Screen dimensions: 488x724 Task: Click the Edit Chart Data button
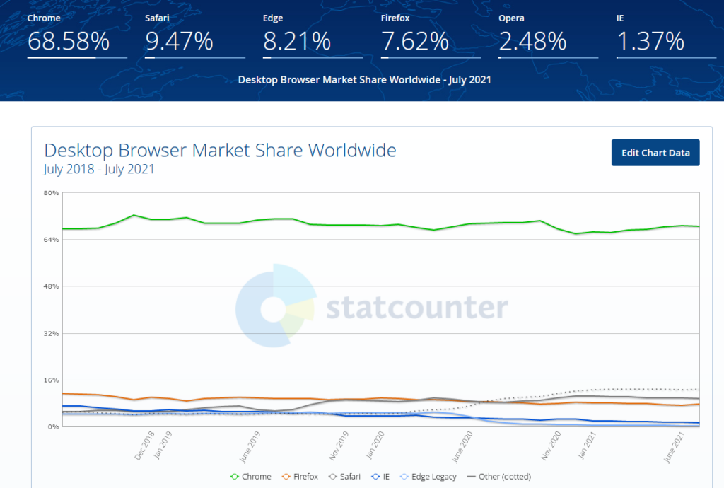pyautogui.click(x=655, y=153)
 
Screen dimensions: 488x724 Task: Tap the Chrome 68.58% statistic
pyautogui.click(x=69, y=42)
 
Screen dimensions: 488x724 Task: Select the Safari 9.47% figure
pyautogui.click(x=179, y=42)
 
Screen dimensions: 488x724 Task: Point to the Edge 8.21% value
pyautogui.click(x=297, y=42)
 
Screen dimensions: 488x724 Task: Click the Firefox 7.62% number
pyautogui.click(x=415, y=42)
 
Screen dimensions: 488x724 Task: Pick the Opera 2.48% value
pyautogui.click(x=532, y=42)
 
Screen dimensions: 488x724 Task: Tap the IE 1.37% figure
pyautogui.click(x=650, y=42)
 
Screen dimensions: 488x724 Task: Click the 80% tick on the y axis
pyautogui.click(x=50, y=193)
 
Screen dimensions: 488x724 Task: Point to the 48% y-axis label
pyautogui.click(x=50, y=286)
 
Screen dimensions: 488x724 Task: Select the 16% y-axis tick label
pyautogui.click(x=50, y=380)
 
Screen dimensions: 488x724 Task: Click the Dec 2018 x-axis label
pyautogui.click(x=144, y=446)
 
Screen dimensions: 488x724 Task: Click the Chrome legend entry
pyautogui.click(x=251, y=477)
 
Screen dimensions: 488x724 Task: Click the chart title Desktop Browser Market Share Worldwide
pyautogui.click(x=220, y=150)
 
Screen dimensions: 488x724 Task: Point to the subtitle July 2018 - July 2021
pyautogui.click(x=99, y=169)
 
